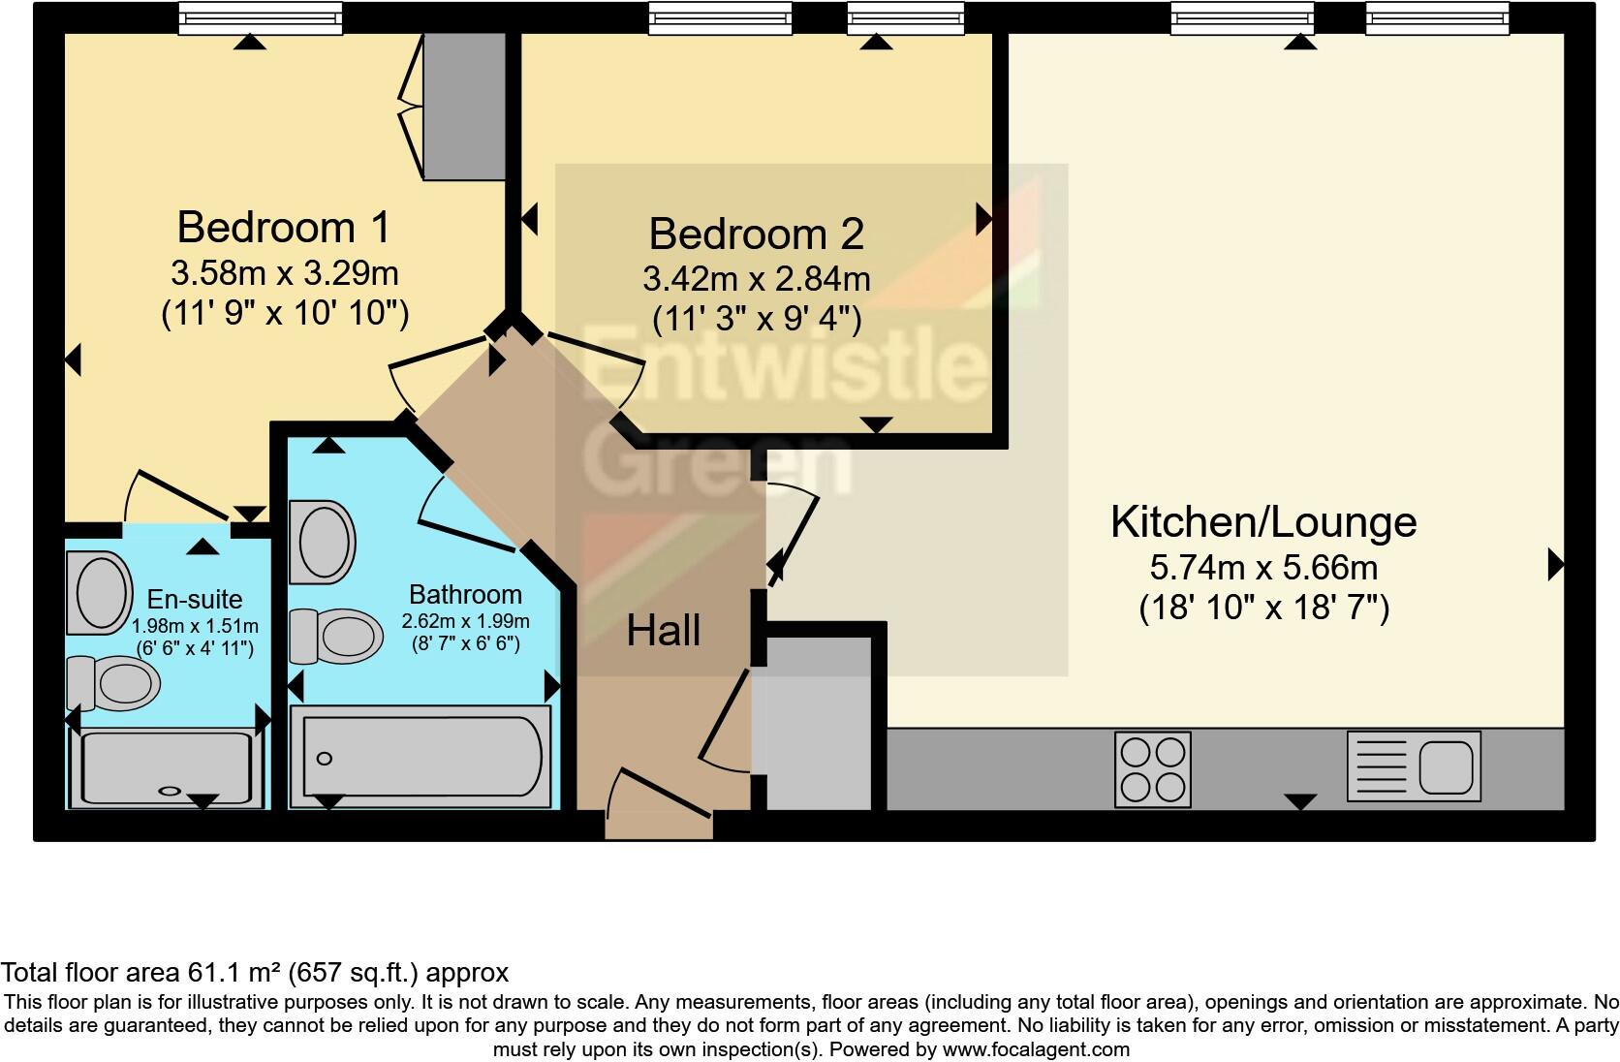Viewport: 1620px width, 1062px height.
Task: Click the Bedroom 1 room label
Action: pos(283,228)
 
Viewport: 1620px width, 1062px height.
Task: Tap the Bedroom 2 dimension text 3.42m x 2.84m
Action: pos(756,280)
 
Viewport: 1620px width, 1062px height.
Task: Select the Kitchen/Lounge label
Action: pos(1262,522)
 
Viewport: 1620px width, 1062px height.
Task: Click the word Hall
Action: pos(663,632)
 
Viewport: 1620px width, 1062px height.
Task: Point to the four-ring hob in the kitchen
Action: pos(1152,769)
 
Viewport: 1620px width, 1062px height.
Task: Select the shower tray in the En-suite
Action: pos(167,768)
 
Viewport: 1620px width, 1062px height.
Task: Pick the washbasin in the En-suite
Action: pos(99,592)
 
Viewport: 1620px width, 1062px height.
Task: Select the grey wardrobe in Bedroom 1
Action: pos(465,107)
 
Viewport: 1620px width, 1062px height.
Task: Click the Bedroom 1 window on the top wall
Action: pos(260,17)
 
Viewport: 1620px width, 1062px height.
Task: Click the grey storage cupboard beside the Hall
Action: pos(819,723)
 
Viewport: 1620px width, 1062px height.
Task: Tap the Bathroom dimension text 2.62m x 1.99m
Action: pos(465,621)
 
